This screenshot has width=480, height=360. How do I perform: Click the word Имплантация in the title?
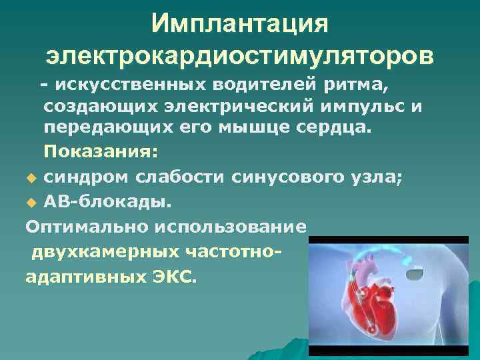pyautogui.click(x=240, y=24)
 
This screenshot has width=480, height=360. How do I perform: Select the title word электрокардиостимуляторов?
pyautogui.click(x=240, y=56)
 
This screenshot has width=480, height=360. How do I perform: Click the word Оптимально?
pyautogui.click(x=87, y=226)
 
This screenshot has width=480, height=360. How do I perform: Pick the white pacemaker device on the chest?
pyautogui.click(x=417, y=272)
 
